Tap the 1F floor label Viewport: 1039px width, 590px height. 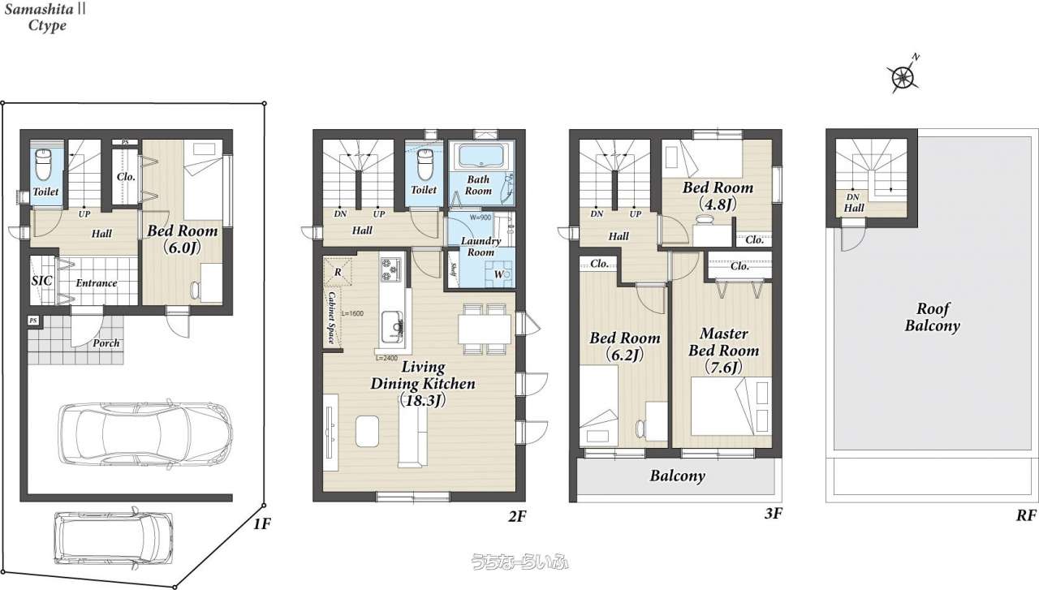(261, 524)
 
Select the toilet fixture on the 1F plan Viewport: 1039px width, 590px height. (43, 165)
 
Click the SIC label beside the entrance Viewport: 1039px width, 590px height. (41, 281)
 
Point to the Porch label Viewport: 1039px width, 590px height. (106, 343)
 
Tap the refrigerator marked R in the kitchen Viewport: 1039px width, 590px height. (337, 272)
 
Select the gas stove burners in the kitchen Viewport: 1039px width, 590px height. (391, 269)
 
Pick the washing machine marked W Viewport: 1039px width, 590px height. (498, 274)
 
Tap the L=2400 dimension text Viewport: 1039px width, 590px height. (386, 358)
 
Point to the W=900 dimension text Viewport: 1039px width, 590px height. (481, 217)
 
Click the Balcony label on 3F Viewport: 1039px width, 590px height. (677, 476)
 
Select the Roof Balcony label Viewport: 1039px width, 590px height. (933, 317)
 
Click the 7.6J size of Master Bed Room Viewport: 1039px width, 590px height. (723, 368)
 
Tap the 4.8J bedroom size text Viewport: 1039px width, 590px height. (718, 204)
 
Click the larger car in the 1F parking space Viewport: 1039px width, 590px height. (145, 433)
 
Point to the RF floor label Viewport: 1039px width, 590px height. (1026, 515)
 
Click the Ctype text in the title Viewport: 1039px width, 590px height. (47, 25)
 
